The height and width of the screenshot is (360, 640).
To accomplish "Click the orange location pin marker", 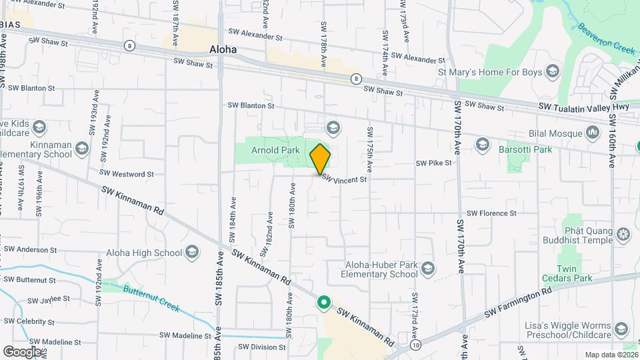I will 320,159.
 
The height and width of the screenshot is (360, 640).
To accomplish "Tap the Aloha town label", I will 223,49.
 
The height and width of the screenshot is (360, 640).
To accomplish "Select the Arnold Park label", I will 275,151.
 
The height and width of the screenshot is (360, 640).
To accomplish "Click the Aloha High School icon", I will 193,251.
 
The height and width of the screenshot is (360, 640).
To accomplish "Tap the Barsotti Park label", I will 525,149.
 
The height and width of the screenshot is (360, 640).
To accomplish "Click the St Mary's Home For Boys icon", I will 552,71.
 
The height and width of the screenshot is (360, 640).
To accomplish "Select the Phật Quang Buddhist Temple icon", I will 623,234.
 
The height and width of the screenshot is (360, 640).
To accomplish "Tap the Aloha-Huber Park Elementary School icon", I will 428,268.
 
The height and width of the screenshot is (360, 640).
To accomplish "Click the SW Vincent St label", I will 344,179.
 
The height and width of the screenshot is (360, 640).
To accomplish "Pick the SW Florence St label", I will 492,213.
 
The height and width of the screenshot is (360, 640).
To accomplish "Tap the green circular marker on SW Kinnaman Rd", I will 324,303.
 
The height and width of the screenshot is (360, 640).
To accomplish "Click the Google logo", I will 22,351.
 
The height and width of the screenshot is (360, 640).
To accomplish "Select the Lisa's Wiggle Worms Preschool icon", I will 621,328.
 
